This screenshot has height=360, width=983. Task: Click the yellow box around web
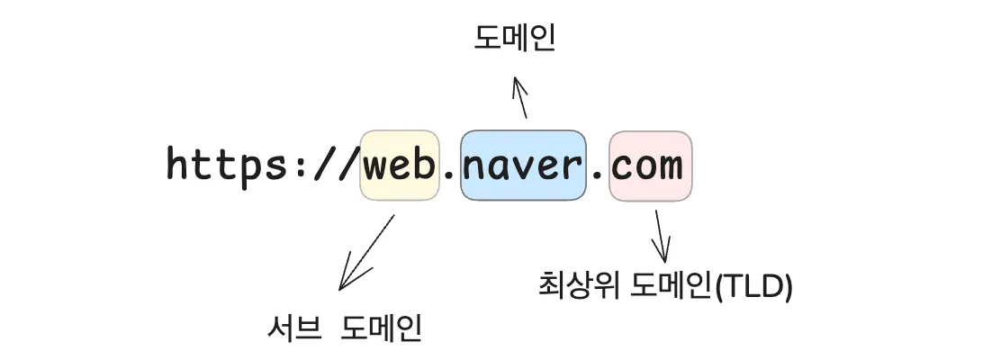coord(400,166)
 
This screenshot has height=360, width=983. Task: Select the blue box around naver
coord(523,166)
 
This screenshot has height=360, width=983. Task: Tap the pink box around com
coord(651,166)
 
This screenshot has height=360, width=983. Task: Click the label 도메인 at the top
coord(515,38)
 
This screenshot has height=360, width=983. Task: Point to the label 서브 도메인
coord(345,328)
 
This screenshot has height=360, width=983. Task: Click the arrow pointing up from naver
coord(520,98)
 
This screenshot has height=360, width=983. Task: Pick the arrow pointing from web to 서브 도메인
coord(366,252)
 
